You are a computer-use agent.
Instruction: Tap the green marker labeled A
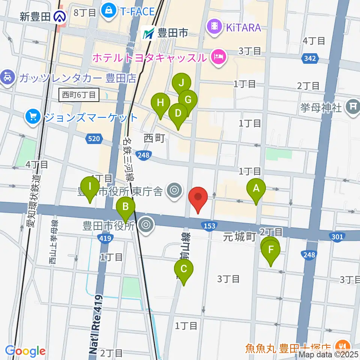tap(256, 189)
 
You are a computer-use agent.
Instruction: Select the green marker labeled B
tap(126, 207)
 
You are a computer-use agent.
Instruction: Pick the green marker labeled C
tap(184, 270)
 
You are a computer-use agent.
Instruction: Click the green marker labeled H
tap(160, 103)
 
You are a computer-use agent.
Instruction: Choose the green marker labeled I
tap(90, 187)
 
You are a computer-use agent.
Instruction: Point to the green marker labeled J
tap(181, 84)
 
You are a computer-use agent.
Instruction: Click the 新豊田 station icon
tap(59, 16)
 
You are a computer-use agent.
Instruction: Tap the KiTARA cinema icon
tap(214, 27)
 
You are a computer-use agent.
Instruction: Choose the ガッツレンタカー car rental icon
tap(7, 78)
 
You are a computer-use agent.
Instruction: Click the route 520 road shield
tap(94, 139)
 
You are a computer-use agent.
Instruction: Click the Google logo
tap(26, 351)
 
